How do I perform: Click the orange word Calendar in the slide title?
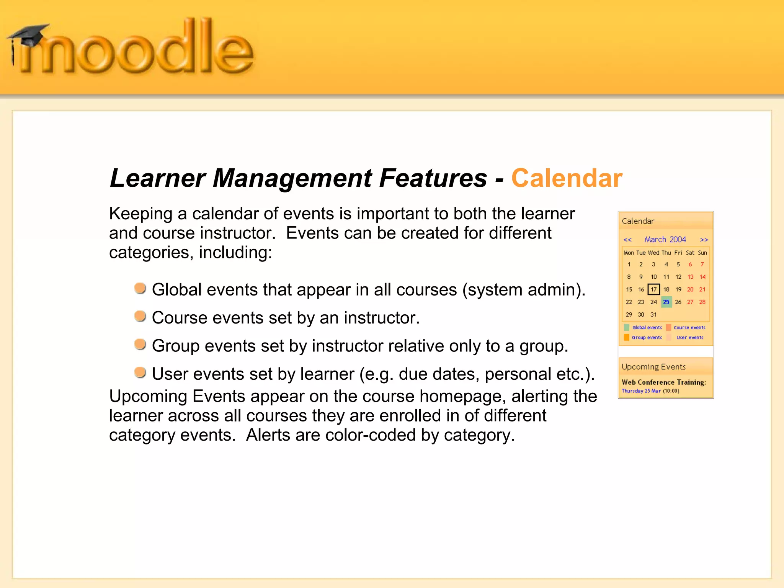567,178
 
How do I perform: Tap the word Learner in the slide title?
157,178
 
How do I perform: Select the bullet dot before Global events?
140,288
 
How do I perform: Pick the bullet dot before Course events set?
140,316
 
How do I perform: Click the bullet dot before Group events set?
140,344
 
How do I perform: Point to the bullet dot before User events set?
140,372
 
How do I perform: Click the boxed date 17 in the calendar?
653,289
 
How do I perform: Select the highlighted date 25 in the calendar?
666,302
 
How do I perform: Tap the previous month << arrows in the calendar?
627,240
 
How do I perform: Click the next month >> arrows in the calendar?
704,240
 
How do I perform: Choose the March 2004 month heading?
665,240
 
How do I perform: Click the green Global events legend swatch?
627,327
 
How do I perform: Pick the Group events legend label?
647,338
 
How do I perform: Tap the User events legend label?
689,338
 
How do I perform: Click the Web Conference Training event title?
663,382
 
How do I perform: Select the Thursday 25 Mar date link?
641,391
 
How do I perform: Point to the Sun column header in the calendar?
702,253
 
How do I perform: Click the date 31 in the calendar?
653,315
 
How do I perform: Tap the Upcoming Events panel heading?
653,367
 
